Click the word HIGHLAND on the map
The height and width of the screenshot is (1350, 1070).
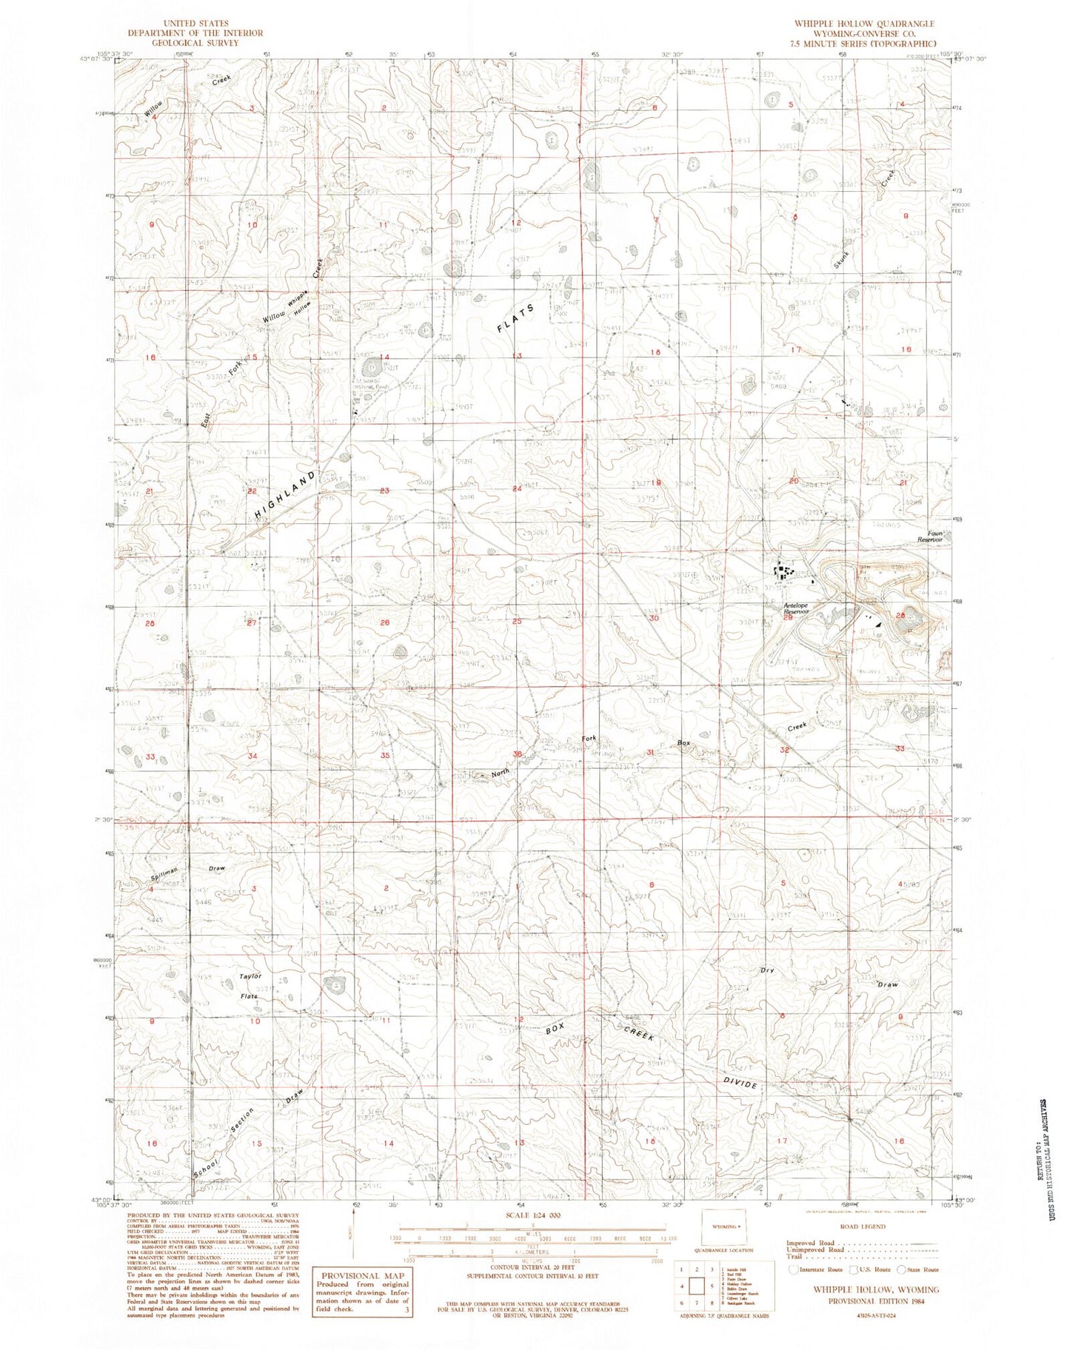[x=284, y=494]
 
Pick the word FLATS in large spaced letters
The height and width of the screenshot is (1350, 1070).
[x=515, y=319]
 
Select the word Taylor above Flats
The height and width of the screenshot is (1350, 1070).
[x=251, y=976]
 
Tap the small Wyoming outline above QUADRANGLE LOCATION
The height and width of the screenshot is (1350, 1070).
[x=723, y=1226]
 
